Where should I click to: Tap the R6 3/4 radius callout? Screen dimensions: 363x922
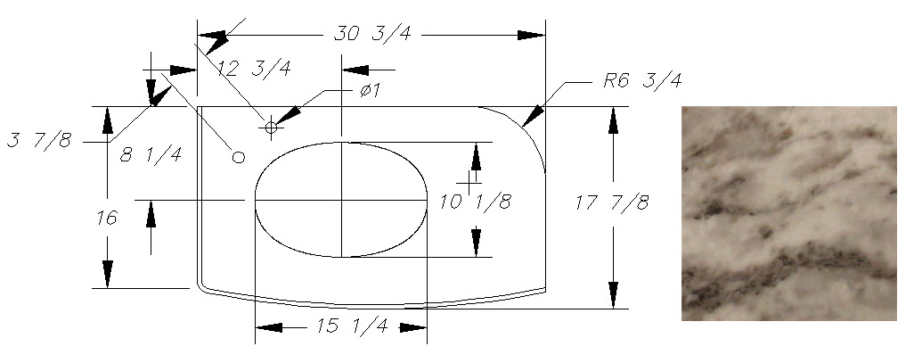tap(641, 81)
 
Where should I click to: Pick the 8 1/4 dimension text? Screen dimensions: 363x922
tap(151, 154)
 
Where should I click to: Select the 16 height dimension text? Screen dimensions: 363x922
tap(107, 217)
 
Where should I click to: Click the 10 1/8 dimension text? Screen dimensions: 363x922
tap(476, 202)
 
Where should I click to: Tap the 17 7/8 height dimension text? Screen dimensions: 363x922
tap(612, 202)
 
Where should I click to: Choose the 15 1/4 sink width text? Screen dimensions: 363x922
tap(353, 327)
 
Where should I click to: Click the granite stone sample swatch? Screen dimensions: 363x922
tap(788, 212)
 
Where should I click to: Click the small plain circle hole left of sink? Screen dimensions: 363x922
tap(238, 157)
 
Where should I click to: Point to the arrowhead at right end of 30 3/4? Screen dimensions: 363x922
tap(532, 35)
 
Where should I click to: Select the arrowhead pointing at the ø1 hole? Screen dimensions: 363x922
tap(290, 113)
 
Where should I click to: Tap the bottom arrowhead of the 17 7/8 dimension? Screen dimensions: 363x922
tap(613, 294)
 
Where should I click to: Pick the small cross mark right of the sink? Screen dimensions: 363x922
tap(467, 181)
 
